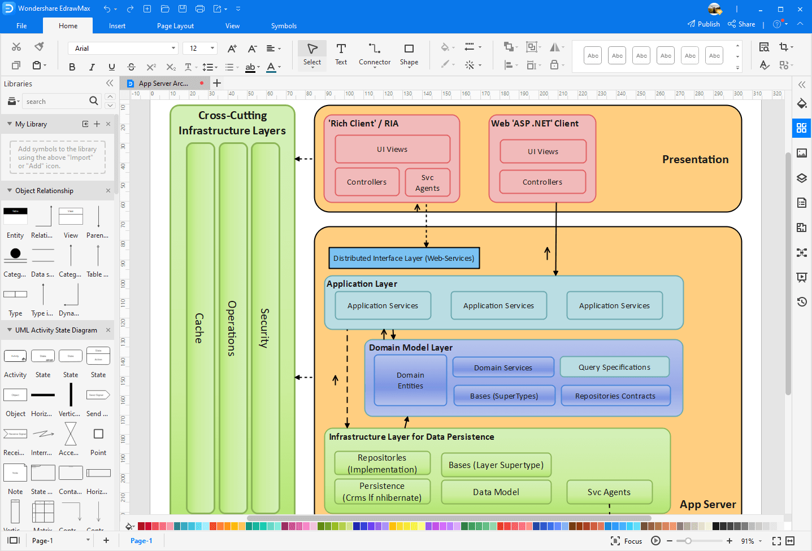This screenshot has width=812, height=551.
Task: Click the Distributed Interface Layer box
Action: pyautogui.click(x=403, y=258)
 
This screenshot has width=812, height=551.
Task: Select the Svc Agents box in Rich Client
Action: pyautogui.click(x=427, y=183)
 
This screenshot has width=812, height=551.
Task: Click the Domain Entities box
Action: pyautogui.click(x=410, y=381)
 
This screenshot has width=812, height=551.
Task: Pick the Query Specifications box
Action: pyautogui.click(x=614, y=367)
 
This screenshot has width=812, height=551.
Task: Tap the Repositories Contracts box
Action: pyautogui.click(x=615, y=396)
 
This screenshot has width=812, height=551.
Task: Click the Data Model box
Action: pyautogui.click(x=496, y=492)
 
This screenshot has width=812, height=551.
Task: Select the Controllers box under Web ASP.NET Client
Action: pyautogui.click(x=542, y=182)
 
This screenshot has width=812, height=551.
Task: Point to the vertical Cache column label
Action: pyautogui.click(x=199, y=328)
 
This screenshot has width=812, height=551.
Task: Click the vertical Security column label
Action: pyautogui.click(x=264, y=328)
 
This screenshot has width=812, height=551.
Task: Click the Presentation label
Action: pyautogui.click(x=695, y=160)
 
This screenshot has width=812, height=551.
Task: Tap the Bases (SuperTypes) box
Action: pyautogui.click(x=503, y=396)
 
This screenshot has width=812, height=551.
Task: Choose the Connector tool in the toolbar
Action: pyautogui.click(x=374, y=54)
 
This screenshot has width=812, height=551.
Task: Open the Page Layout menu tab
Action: pyautogui.click(x=175, y=26)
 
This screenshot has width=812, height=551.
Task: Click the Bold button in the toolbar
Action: pyautogui.click(x=72, y=67)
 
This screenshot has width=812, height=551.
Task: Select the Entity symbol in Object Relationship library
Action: pyautogui.click(x=15, y=217)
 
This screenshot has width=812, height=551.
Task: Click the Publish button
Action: pyautogui.click(x=704, y=24)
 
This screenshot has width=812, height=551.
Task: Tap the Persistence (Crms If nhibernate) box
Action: pyautogui.click(x=382, y=492)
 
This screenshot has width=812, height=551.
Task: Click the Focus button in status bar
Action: pyautogui.click(x=627, y=541)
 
